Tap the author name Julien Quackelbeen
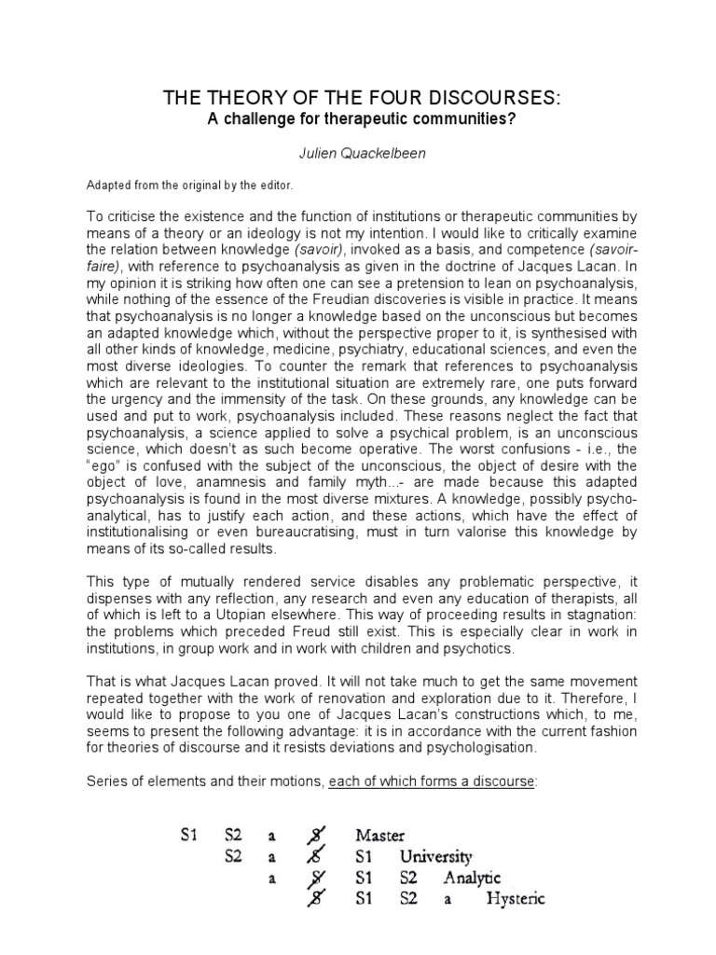(359, 153)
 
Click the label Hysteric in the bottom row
(516, 900)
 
